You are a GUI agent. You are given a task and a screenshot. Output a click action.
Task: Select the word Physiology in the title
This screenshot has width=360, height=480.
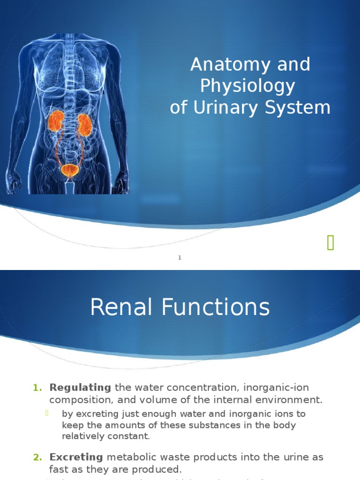click(x=247, y=86)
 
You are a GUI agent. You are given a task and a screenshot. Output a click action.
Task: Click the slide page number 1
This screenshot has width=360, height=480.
click(x=180, y=257)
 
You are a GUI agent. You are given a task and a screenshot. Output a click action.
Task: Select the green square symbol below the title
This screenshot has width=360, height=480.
click(x=330, y=243)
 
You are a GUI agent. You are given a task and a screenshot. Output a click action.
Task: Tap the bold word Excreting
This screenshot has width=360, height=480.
click(x=76, y=457)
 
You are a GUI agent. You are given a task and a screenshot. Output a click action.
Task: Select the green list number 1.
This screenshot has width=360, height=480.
click(x=37, y=388)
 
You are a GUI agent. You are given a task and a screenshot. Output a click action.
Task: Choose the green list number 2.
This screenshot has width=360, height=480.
click(x=37, y=457)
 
